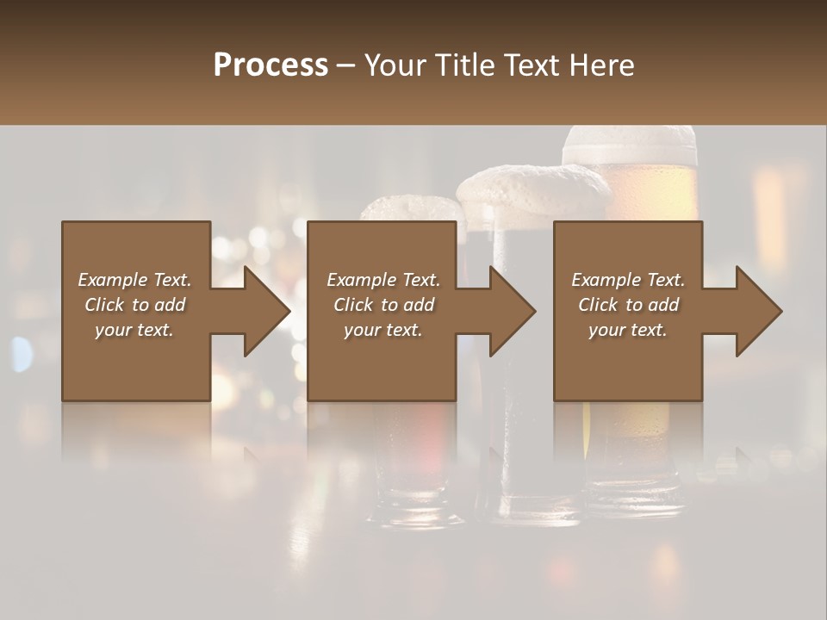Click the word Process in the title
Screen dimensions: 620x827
(270, 65)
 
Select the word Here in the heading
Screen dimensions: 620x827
(600, 65)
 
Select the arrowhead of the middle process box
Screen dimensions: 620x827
(512, 311)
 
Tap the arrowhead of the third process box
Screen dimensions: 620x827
(758, 311)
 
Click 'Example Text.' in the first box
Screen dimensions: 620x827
(134, 280)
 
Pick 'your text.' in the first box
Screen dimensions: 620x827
(134, 330)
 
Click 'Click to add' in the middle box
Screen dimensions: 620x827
(383, 305)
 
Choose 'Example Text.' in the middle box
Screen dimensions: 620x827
(383, 280)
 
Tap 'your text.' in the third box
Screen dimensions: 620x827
(628, 330)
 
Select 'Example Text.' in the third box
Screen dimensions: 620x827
(628, 280)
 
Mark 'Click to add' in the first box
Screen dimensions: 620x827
(134, 305)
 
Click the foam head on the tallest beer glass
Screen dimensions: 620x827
(629, 145)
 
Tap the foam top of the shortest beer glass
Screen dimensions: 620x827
(412, 208)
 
